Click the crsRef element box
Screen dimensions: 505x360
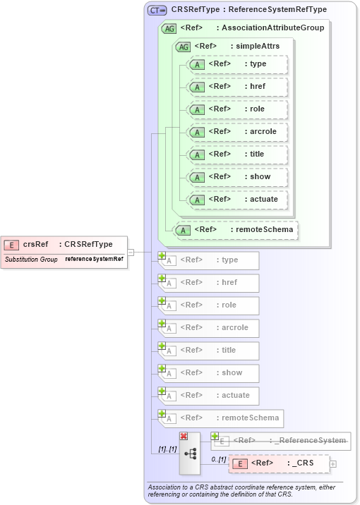64,245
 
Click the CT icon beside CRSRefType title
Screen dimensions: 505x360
157,10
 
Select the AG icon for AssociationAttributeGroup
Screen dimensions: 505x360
169,28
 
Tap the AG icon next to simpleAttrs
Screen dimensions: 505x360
184,47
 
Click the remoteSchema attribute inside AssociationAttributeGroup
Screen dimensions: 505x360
236,229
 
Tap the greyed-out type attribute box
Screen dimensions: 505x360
209,260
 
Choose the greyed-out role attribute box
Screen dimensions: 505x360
209,305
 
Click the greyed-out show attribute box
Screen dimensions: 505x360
209,373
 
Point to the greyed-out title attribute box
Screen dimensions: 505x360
209,351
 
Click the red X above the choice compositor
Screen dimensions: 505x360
184,437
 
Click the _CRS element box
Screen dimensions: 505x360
279,463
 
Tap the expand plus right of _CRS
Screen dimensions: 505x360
333,464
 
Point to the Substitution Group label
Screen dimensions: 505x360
31,260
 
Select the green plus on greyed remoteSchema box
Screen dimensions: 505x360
162,413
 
